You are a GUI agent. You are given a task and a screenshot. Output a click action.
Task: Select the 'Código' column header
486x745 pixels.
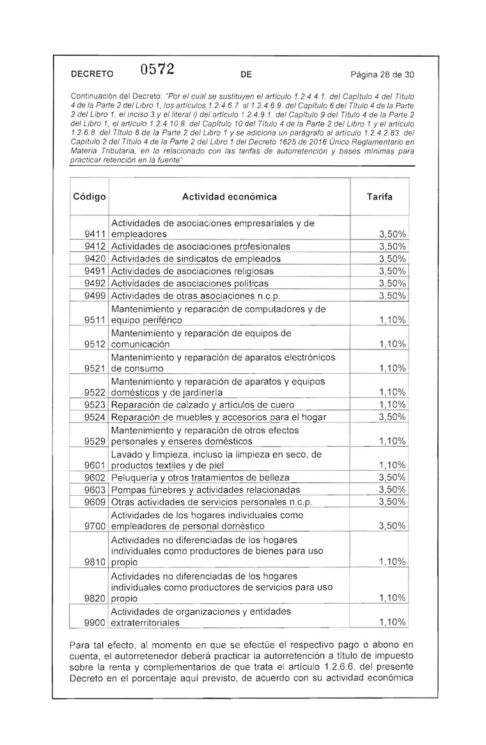(x=90, y=197)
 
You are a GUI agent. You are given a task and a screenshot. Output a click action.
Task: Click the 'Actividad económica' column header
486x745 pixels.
(x=230, y=197)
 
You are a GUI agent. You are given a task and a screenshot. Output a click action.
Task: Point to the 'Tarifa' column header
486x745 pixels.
(x=379, y=197)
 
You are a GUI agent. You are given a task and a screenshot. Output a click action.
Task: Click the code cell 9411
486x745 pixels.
(x=95, y=234)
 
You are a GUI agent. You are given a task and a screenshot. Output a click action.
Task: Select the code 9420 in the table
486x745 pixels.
(x=95, y=259)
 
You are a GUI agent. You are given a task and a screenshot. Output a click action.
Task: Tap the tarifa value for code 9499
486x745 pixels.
(x=392, y=295)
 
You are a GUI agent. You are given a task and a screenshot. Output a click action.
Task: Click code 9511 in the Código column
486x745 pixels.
(x=95, y=319)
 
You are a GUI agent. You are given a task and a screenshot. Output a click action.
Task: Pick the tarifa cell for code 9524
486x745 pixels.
(x=392, y=417)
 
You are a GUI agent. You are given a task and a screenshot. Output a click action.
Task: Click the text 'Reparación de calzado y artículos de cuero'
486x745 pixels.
(x=203, y=404)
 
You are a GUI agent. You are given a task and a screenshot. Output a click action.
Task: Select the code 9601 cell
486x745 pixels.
(x=95, y=465)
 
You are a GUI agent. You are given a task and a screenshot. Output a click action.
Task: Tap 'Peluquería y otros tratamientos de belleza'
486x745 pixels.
(x=200, y=477)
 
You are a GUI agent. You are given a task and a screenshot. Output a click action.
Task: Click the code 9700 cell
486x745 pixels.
(x=95, y=526)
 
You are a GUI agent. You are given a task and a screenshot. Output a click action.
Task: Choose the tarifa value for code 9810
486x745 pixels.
(x=392, y=562)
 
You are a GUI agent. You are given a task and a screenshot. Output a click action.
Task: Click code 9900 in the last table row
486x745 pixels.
(x=95, y=622)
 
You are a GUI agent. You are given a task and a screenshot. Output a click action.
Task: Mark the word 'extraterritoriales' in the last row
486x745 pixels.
(x=145, y=622)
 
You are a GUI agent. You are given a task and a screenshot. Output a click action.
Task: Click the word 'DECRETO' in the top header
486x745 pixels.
(x=92, y=74)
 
